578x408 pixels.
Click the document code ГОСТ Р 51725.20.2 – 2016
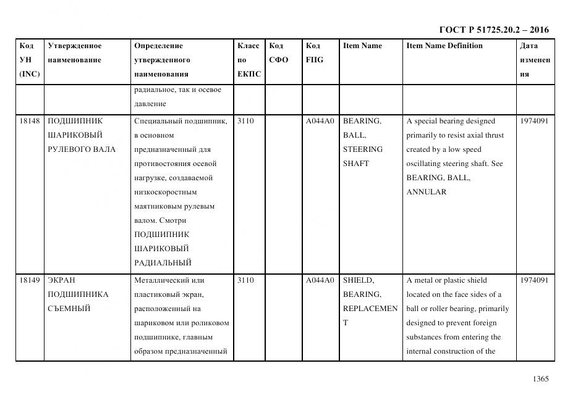tap(493, 30)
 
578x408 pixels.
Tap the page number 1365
tap(540, 379)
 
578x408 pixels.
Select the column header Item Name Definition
tap(444, 46)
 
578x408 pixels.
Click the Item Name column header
tap(362, 46)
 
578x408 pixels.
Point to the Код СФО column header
tap(279, 52)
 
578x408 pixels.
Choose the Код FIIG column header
tap(314, 52)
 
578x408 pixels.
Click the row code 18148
tap(30, 121)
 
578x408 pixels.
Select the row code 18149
tap(30, 280)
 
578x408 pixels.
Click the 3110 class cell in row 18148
tap(245, 121)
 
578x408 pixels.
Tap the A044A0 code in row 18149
tap(320, 280)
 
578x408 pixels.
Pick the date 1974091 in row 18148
tap(534, 121)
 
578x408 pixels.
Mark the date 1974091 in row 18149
tap(534, 280)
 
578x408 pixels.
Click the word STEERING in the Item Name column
tap(363, 149)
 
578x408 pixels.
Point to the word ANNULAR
tap(426, 192)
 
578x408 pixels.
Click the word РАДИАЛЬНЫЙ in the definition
tap(162, 263)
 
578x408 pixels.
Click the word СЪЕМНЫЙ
tap(69, 309)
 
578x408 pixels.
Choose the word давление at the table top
tap(150, 104)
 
